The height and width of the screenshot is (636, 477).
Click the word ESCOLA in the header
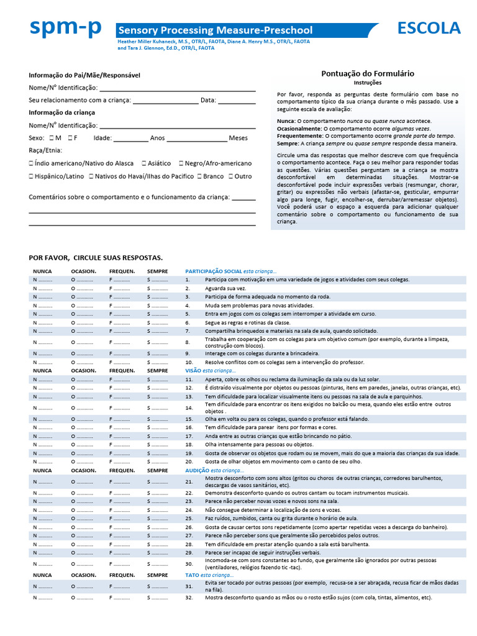pyautogui.click(x=429, y=29)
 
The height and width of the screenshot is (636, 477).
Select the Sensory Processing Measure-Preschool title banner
pyautogui.click(x=216, y=30)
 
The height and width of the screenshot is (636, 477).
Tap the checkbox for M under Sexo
pyautogui.click(x=51, y=138)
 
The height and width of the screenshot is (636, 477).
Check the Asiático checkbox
pyautogui.click(x=144, y=163)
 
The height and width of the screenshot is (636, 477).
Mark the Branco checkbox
pyautogui.click(x=199, y=176)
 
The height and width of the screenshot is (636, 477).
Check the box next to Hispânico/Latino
pyautogui.click(x=32, y=176)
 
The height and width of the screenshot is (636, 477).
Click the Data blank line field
pyautogui.click(x=237, y=101)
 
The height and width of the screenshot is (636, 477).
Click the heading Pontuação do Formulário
pyautogui.click(x=368, y=73)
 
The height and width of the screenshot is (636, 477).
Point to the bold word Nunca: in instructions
pyautogui.click(x=286, y=120)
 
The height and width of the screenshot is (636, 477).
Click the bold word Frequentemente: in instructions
pyautogui.click(x=300, y=135)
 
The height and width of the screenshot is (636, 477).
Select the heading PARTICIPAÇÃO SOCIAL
pyautogui.click(x=213, y=271)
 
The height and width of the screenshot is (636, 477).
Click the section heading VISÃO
pyautogui.click(x=193, y=370)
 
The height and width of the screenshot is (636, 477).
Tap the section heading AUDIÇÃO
pyautogui.click(x=198, y=471)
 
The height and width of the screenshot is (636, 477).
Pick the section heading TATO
pyautogui.click(x=192, y=575)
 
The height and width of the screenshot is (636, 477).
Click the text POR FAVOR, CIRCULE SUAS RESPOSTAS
pyautogui.click(x=96, y=258)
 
